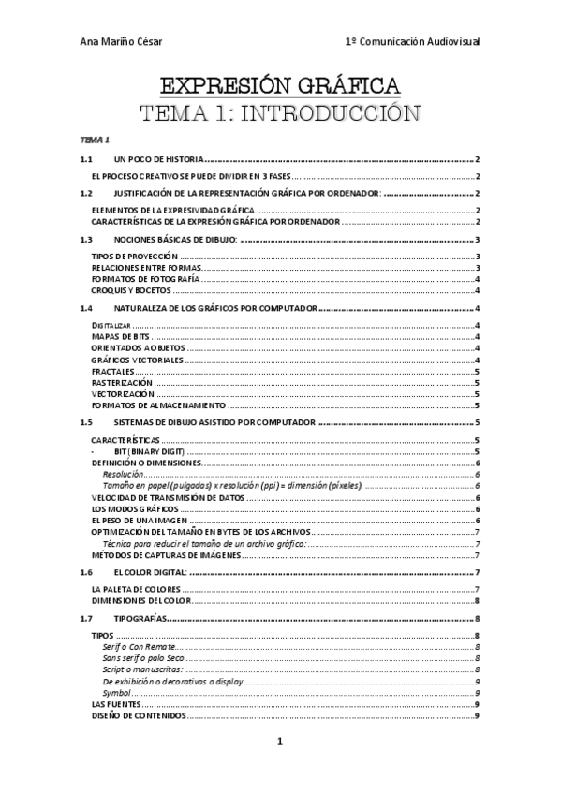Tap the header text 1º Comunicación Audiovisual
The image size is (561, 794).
click(x=412, y=42)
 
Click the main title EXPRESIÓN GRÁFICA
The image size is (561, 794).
click(x=280, y=87)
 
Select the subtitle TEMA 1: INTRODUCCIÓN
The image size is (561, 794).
click(x=280, y=115)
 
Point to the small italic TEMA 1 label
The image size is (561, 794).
click(x=95, y=140)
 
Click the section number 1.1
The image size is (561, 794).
click(x=86, y=160)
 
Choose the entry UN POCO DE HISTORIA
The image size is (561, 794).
click(x=157, y=160)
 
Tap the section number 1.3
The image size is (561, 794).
click(x=86, y=240)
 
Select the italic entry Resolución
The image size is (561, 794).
click(x=123, y=475)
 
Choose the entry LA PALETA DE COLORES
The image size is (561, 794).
click(x=135, y=589)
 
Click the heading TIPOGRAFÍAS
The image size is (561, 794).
click(x=140, y=619)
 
